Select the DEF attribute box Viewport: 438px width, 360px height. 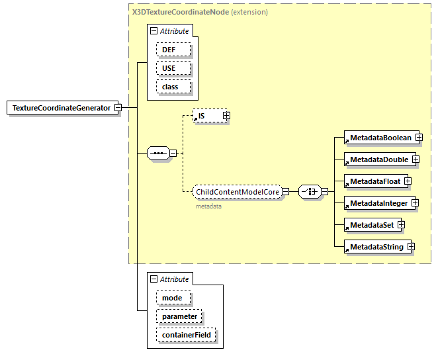coord(173,50)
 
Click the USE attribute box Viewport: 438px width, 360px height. coord(173,68)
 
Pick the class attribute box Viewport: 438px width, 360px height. coord(173,87)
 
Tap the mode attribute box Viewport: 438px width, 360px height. coord(173,298)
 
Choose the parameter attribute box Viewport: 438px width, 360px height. coord(179,316)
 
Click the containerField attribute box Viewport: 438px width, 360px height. coord(186,336)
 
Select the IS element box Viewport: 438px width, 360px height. coord(206,116)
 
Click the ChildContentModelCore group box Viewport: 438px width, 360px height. coord(237,192)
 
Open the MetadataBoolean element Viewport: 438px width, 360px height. coord(380,138)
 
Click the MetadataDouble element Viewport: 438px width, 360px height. coord(378,159)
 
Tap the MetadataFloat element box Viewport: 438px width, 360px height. coord(374,181)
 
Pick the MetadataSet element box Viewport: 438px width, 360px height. coord(371,225)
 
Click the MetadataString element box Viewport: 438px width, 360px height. coord(376,247)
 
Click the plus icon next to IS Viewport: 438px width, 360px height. coord(226,116)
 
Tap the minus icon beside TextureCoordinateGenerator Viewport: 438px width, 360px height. coord(117,108)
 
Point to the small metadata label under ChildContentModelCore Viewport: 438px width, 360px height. coord(208,206)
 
